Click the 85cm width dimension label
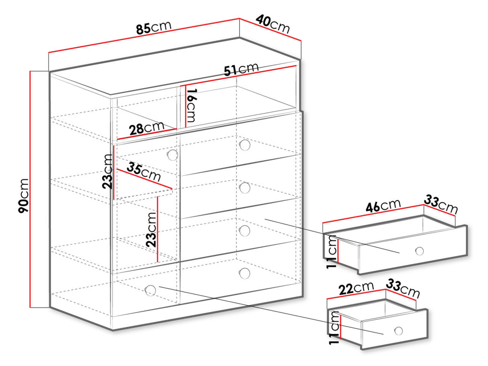tap(154, 27)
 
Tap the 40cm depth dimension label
tap(273, 24)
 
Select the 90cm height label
tap(24, 196)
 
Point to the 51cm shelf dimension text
tap(241, 70)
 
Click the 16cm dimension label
tap(192, 105)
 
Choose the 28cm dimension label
tap(147, 128)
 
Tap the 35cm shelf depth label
tap(144, 172)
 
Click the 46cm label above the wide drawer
tap(383, 206)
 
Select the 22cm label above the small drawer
tap(356, 288)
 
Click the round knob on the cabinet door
tap(173, 154)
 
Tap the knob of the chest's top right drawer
tap(245, 145)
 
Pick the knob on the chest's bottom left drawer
tap(150, 290)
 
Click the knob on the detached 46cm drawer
tap(419, 251)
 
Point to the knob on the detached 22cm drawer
tap(398, 331)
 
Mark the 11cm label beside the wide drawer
tap(332, 252)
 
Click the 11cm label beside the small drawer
tap(334, 327)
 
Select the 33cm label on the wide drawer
tap(441, 204)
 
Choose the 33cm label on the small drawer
tap(403, 288)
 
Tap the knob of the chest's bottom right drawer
tap(244, 273)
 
